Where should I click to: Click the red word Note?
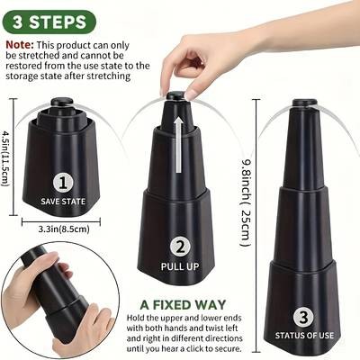(21, 43)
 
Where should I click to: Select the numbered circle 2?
(180, 246)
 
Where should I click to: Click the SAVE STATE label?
(63, 201)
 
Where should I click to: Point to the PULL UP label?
(180, 265)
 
